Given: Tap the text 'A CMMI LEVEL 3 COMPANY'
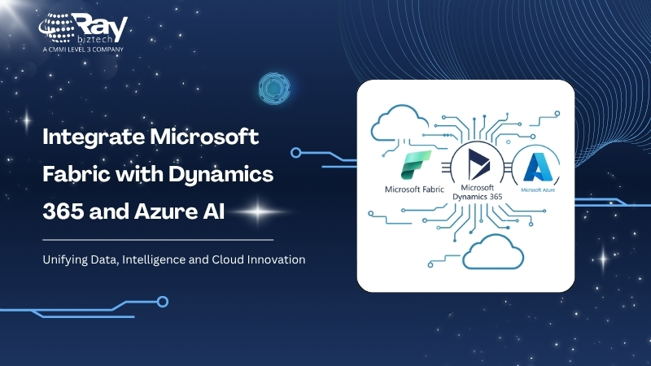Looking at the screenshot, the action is pos(83,50).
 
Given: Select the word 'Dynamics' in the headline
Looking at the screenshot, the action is pos(221,174).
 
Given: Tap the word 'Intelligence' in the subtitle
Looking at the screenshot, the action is pos(153,259).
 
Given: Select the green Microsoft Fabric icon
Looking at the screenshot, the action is pos(416,165).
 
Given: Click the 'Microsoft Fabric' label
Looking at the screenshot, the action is pos(414,190).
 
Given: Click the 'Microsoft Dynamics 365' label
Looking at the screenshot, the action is pos(478,192).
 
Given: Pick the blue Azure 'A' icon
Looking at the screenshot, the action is pos(538,168).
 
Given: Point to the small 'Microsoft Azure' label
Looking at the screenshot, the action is pos(538,190).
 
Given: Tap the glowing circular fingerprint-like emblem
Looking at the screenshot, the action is pos(274,89).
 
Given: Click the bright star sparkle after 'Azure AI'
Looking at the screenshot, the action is pos(258,211).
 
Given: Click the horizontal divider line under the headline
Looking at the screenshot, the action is pos(158,240).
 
